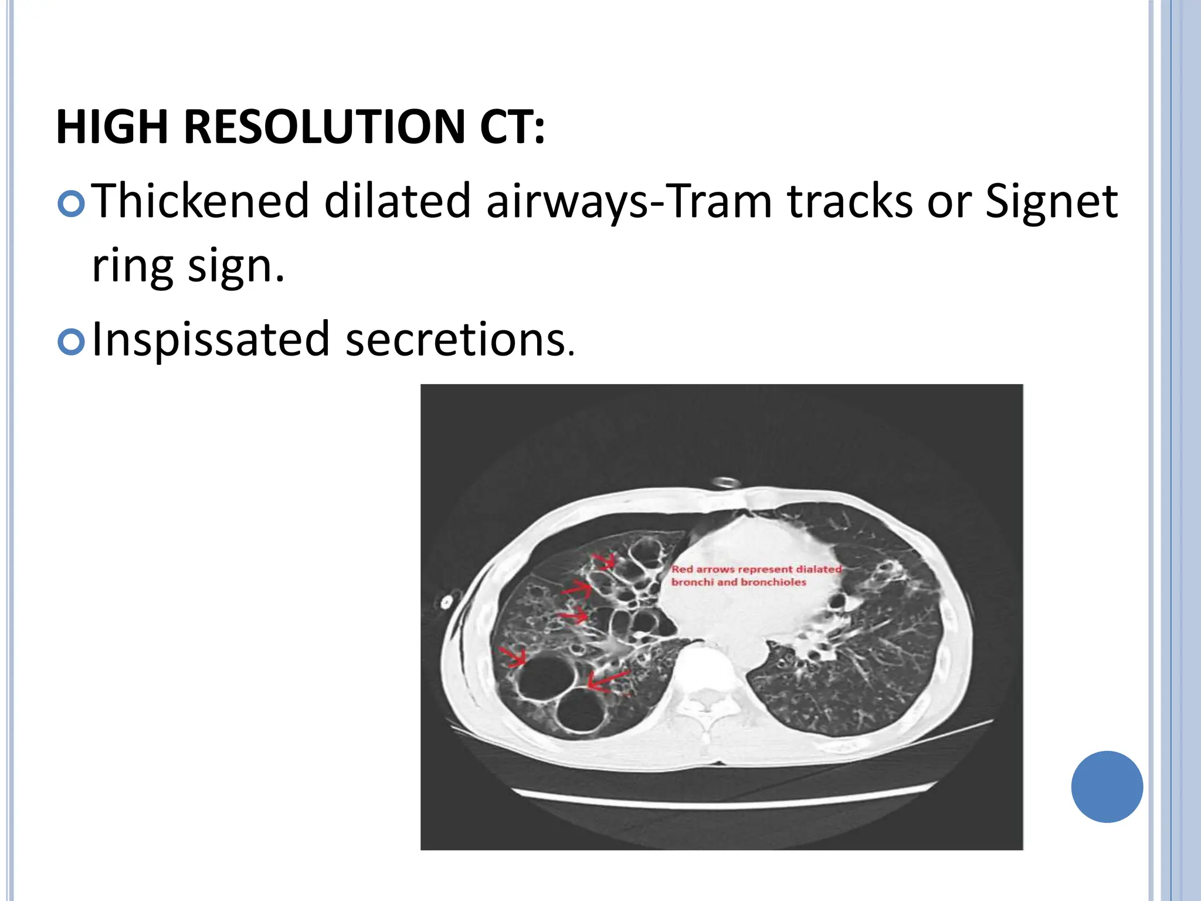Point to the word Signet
coord(1051,201)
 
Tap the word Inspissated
coord(211,340)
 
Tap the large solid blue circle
coord(1107,787)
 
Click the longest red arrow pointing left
coord(608,680)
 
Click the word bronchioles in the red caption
coord(773,582)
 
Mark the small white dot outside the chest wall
coord(446,602)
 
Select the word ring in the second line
coord(133,266)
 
